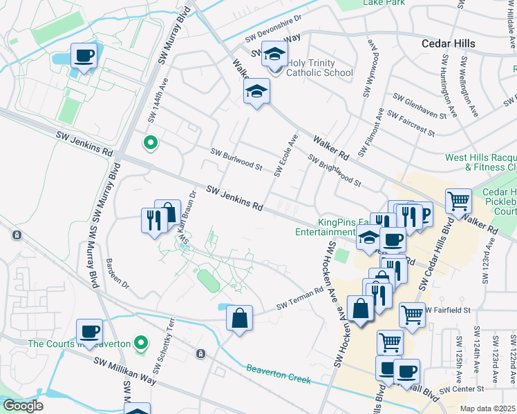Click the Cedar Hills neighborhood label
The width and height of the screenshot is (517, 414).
tap(449, 43)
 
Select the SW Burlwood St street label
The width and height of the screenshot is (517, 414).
tap(236, 159)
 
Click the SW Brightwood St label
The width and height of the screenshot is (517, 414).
tap(335, 171)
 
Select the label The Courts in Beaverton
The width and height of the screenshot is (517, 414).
tap(79, 344)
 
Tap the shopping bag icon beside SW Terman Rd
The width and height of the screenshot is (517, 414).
tap(239, 319)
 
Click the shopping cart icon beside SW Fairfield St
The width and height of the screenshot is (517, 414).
tap(412, 315)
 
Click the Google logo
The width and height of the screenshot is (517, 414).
tap(23, 406)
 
